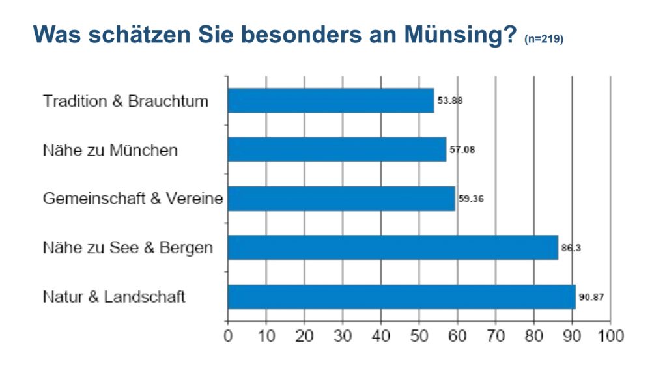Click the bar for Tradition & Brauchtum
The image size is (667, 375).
pyautogui.click(x=331, y=101)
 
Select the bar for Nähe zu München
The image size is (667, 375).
pyautogui.click(x=337, y=150)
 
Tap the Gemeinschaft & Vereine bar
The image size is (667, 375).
pyautogui.click(x=341, y=199)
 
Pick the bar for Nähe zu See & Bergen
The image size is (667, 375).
pyautogui.click(x=393, y=247)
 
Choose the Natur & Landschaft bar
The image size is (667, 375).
pyautogui.click(x=401, y=296)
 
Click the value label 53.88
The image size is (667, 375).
pyautogui.click(x=450, y=101)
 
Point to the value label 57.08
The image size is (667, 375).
pyautogui.click(x=462, y=150)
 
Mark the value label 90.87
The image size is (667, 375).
pyautogui.click(x=591, y=297)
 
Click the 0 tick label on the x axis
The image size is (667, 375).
pyautogui.click(x=228, y=336)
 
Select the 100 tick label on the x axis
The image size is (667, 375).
pyautogui.click(x=610, y=336)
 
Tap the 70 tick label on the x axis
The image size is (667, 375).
pyautogui.click(x=496, y=336)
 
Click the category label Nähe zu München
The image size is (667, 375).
pyautogui.click(x=110, y=150)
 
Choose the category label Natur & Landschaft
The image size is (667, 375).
pyautogui.click(x=114, y=297)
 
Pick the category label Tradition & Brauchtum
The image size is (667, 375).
pyautogui.click(x=126, y=102)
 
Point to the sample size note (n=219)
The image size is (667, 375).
pyautogui.click(x=543, y=39)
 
